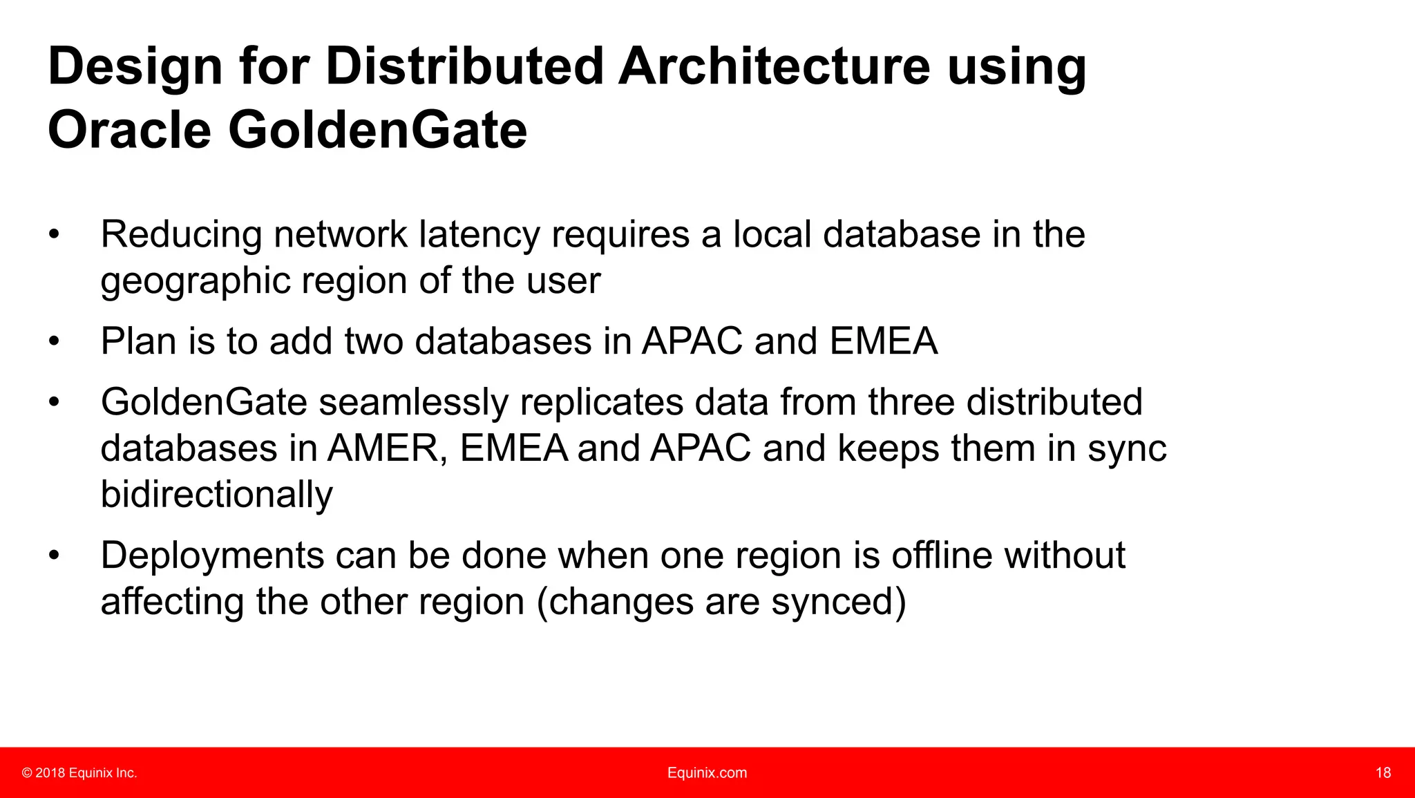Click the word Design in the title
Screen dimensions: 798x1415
click(x=135, y=67)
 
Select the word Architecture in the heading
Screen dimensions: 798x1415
click(x=774, y=67)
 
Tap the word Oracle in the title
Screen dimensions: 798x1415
click(x=129, y=130)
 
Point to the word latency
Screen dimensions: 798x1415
click(x=479, y=234)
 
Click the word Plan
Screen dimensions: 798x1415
click(x=138, y=341)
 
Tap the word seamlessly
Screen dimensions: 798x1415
click(x=413, y=402)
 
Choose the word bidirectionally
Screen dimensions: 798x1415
click(x=216, y=495)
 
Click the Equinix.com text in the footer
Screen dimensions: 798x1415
click(x=707, y=773)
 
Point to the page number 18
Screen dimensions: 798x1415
click(x=1383, y=773)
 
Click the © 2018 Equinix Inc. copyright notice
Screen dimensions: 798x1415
click(x=79, y=773)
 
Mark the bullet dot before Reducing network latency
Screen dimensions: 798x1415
click(x=55, y=236)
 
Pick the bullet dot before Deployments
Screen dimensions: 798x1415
click(x=55, y=556)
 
